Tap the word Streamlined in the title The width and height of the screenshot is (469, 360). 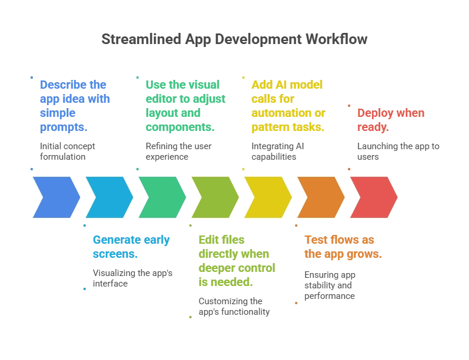(141, 39)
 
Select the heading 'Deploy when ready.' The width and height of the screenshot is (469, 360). (390, 120)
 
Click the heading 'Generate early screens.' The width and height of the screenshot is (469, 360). (131, 247)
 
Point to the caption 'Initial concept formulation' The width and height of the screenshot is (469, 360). (67, 151)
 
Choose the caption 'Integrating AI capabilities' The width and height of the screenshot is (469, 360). (277, 151)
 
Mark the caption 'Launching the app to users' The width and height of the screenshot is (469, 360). (398, 151)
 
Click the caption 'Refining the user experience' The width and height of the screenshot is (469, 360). (179, 151)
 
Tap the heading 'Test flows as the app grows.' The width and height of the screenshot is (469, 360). (343, 247)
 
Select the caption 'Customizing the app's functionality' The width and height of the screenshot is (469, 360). (234, 306)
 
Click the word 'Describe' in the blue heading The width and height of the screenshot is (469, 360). (62, 84)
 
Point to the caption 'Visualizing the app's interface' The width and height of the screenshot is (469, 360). (132, 278)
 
